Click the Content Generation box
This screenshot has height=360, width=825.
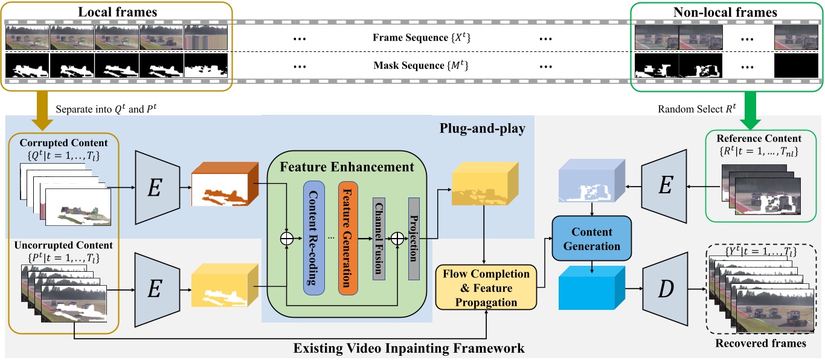pos(592,239)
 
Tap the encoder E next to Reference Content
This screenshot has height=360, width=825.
pos(664,185)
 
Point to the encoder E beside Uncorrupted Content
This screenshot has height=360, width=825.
pos(155,291)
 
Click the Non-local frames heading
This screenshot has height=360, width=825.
pos(725,11)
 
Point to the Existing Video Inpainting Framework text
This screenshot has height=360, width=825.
pos(409,348)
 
